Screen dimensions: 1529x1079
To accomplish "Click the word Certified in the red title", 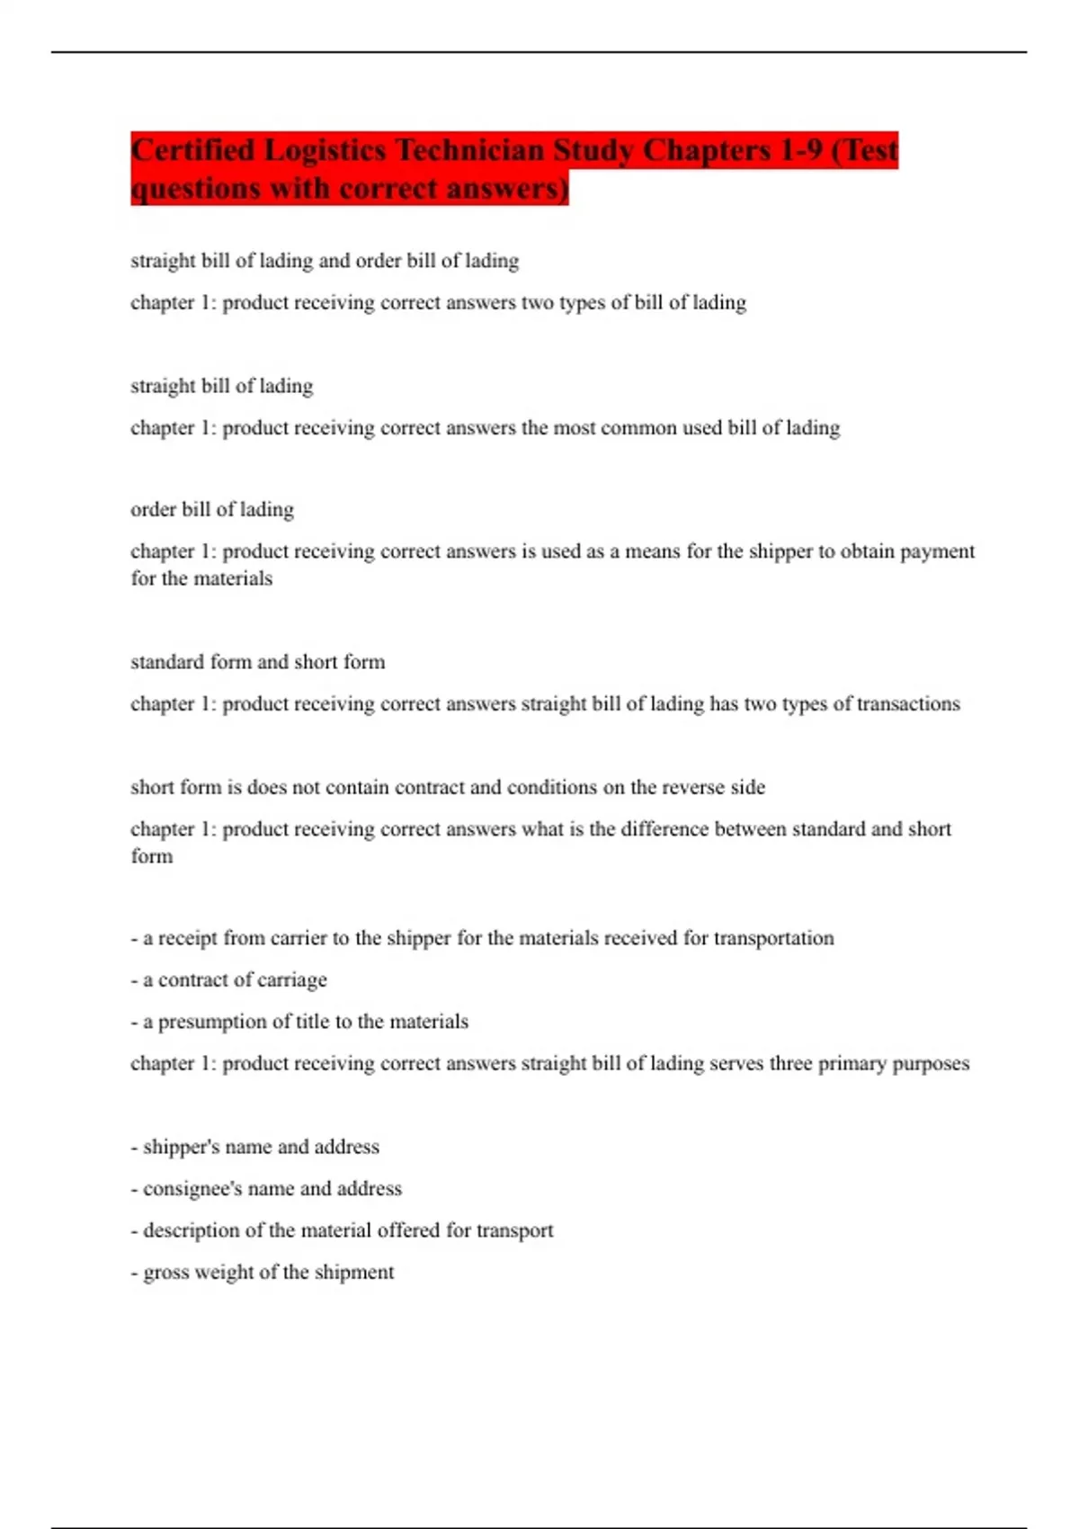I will pyautogui.click(x=193, y=150).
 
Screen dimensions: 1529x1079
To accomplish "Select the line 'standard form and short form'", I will pyautogui.click(x=258, y=663).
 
